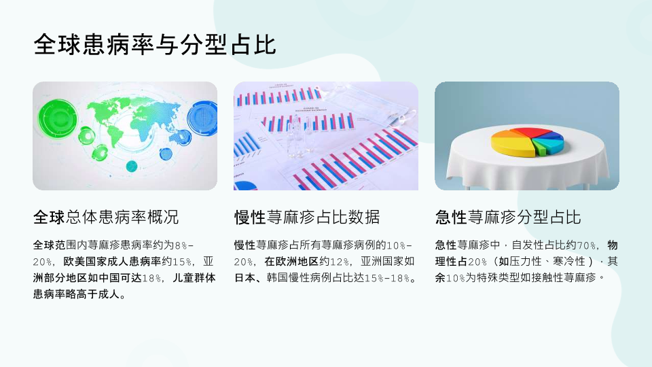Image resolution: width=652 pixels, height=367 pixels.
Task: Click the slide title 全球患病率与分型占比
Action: coord(155,45)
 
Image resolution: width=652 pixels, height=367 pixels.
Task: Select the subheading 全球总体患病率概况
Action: coord(106,217)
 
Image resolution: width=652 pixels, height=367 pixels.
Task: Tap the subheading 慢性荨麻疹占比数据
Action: coord(307,217)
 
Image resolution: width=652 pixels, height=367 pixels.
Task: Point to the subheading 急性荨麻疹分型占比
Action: coord(508,217)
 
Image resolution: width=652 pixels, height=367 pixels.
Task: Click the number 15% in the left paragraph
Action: coord(182,262)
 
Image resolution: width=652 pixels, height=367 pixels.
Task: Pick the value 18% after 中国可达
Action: coord(151,278)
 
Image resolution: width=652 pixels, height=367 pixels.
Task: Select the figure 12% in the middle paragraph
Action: coord(340,262)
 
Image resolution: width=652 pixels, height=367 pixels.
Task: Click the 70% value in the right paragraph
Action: coord(586,245)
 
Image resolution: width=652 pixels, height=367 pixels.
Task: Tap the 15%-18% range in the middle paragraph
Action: coord(387,278)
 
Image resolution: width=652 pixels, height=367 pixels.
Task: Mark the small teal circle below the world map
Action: coord(131,166)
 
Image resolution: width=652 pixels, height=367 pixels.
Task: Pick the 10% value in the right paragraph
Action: coord(455,278)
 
